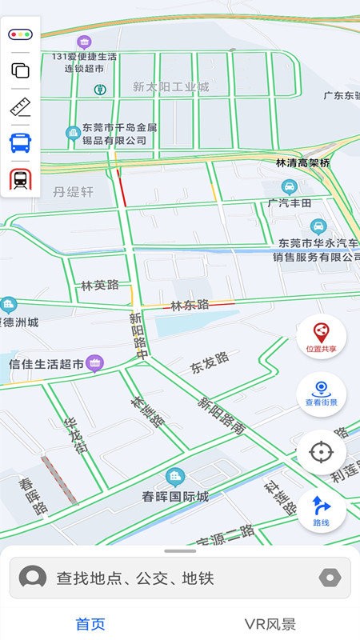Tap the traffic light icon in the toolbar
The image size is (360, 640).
point(20,34)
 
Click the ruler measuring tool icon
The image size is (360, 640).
point(20,106)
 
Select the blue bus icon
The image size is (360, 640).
point(20,143)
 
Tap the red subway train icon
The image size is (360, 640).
point(20,179)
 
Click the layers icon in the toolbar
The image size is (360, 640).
point(20,70)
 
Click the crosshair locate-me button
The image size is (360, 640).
point(321,452)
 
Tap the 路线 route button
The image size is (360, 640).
point(321,510)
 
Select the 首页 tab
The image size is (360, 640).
point(90,624)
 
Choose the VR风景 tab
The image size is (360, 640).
point(270,624)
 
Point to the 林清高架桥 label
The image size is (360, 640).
point(302,162)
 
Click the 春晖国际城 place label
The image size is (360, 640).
point(175,496)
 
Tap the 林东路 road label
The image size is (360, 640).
point(190,304)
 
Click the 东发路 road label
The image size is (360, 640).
point(209,362)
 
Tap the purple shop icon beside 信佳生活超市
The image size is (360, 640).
point(95,363)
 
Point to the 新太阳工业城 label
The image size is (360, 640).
point(170,86)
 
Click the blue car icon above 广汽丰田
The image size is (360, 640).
point(290,187)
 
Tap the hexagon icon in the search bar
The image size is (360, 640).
point(329,578)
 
